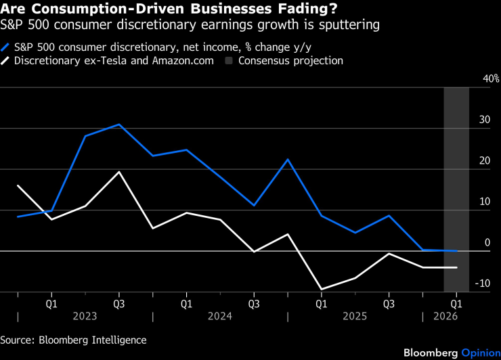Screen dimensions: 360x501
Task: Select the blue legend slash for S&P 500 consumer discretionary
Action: pyautogui.click(x=6, y=47)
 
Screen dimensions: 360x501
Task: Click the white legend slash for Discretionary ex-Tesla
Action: pyautogui.click(x=6, y=61)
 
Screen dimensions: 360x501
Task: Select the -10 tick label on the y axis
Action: pyautogui.click(x=483, y=284)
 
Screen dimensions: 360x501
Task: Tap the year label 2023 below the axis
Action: pyautogui.click(x=85, y=316)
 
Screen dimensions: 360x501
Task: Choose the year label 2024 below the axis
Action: pyautogui.click(x=220, y=316)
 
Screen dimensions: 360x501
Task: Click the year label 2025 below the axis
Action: pyautogui.click(x=355, y=316)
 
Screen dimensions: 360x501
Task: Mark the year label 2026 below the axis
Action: pyautogui.click(x=445, y=316)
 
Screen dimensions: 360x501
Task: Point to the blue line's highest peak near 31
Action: pyautogui.click(x=119, y=125)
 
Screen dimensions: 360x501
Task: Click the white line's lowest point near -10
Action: pyautogui.click(x=321, y=289)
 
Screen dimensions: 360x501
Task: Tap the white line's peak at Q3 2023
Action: pyautogui.click(x=119, y=172)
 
